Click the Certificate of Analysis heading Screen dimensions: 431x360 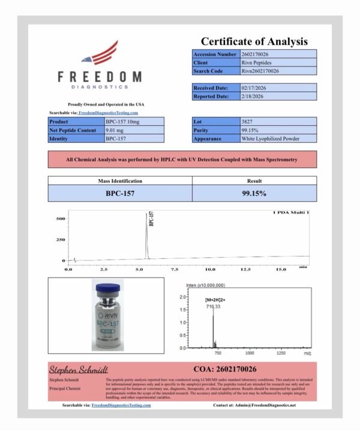[x=254, y=41]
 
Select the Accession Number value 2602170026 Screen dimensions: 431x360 [x=256, y=54]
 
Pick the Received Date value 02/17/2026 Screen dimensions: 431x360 [x=254, y=88]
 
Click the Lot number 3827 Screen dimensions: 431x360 [x=246, y=122]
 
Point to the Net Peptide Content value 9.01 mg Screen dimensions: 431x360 [x=115, y=130]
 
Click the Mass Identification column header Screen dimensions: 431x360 [x=120, y=180]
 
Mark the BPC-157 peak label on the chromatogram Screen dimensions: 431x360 [x=150, y=219]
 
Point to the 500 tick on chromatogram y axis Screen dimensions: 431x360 [x=60, y=219]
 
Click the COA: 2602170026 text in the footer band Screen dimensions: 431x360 [x=226, y=369]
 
